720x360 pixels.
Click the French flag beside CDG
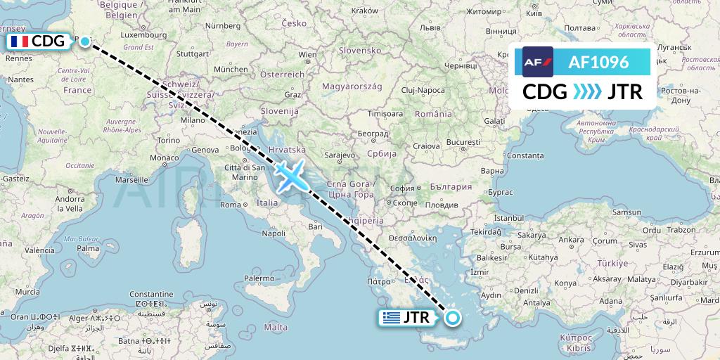click(19, 42)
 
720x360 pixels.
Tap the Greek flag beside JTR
click(390, 318)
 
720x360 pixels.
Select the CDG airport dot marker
click(85, 41)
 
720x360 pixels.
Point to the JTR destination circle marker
click(452, 318)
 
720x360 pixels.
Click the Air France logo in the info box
click(538, 62)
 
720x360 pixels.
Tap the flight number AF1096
click(598, 62)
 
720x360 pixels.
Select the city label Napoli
click(274, 233)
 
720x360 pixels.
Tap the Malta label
click(276, 327)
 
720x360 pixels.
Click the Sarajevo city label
click(342, 153)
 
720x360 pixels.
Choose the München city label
click(231, 70)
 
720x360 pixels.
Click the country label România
click(433, 114)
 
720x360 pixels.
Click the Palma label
click(88, 248)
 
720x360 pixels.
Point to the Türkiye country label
click(610, 264)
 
